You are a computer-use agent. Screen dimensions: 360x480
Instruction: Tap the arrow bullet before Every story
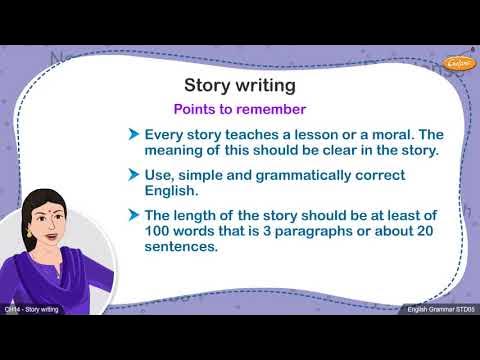(133, 134)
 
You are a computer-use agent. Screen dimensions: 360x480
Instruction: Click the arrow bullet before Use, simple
(133, 175)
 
